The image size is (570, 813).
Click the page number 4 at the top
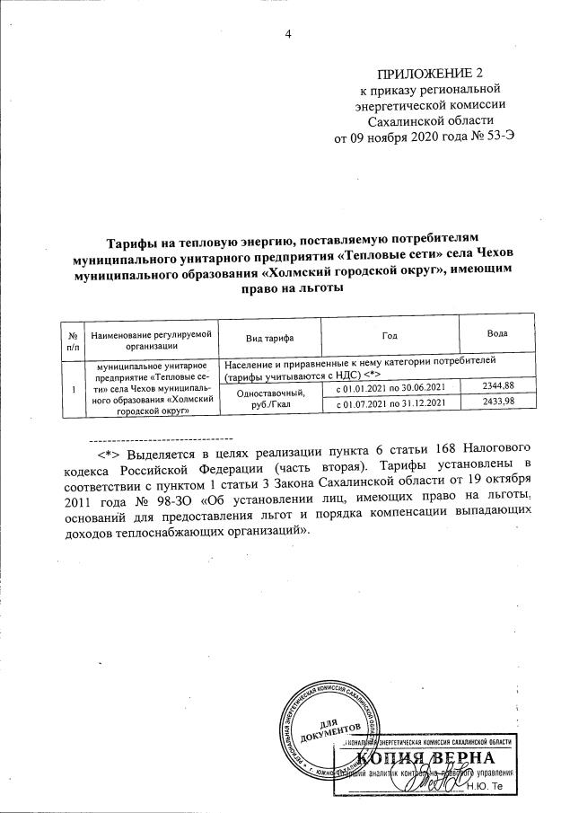pos(288,35)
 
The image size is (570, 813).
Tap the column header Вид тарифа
pos(270,337)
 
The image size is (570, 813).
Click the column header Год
pos(389,336)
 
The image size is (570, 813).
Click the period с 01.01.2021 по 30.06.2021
pos(390,387)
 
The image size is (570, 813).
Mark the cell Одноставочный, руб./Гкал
pos(270,396)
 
